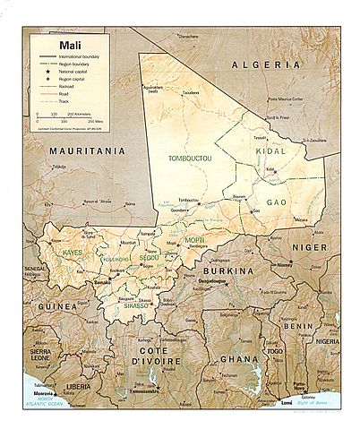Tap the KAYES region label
pos(73,253)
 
